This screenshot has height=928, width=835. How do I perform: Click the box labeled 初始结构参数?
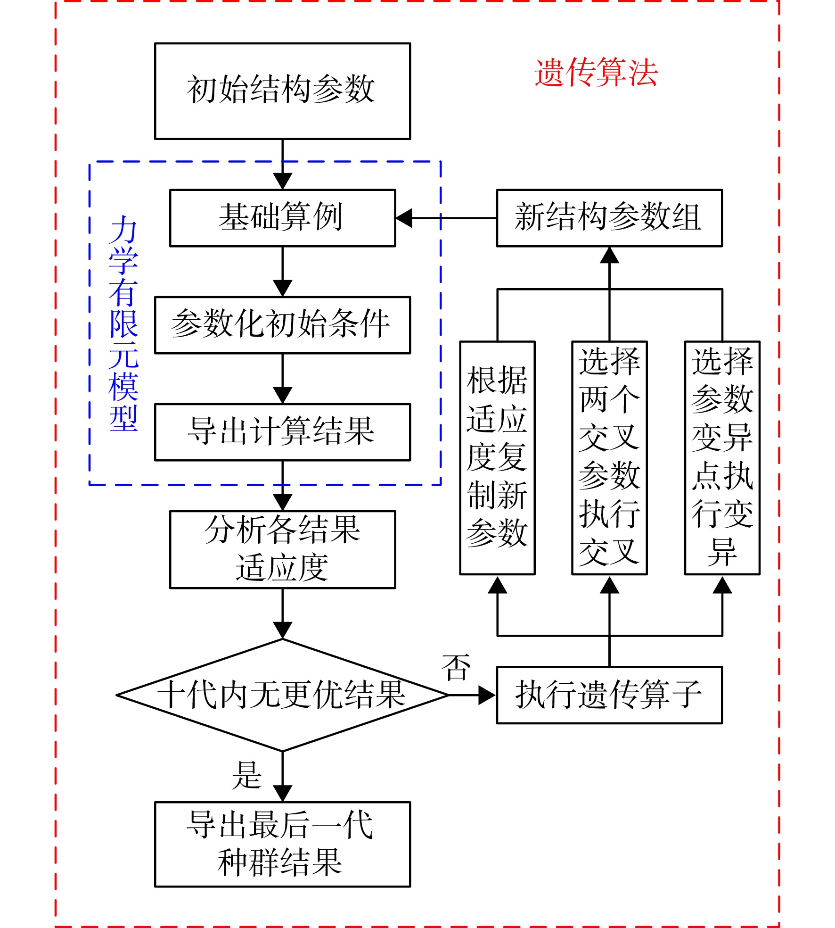282,91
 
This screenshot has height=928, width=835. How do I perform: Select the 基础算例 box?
282,218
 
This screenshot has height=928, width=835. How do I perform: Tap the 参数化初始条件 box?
282,325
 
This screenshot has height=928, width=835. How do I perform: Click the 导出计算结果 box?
282,432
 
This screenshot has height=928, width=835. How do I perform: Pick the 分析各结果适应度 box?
282,549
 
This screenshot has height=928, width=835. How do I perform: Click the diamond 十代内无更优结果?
282,695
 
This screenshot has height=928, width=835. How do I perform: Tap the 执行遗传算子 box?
609,695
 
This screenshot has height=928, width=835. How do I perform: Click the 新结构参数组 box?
609,218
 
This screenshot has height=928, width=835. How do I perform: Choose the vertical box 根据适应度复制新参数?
497,458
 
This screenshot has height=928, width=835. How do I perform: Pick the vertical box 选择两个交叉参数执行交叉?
609,458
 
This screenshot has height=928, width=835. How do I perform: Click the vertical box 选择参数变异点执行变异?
722,458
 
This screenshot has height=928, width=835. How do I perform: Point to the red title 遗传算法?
596,73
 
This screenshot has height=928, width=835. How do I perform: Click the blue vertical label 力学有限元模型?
123,323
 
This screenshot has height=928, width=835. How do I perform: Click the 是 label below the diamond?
246,775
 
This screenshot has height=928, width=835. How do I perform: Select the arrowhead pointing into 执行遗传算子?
487,695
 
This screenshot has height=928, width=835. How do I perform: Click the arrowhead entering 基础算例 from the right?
404,218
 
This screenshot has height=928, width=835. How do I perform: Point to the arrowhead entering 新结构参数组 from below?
609,255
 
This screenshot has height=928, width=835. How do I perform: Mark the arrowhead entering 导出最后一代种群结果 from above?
282,794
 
